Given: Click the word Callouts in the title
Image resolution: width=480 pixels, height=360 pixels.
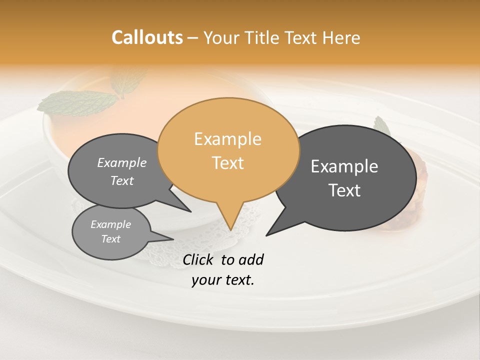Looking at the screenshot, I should pos(147,37).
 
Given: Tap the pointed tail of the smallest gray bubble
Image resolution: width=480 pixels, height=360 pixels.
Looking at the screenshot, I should pos(165,238).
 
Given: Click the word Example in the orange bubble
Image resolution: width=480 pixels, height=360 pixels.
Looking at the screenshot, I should pos(227,139).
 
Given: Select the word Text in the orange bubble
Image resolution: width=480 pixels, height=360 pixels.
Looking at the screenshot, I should pos(228,163).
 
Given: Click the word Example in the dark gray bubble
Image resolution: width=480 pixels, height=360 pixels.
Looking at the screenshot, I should pos(344,166).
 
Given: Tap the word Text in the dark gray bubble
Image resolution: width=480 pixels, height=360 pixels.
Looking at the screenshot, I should pos(344,190).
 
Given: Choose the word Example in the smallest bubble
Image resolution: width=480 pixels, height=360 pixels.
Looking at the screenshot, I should pos(110,224).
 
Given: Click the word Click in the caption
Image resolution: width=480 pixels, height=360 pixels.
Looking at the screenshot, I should pos(199,259).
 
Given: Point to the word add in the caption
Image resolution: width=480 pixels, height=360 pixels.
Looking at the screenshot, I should pos(251,259).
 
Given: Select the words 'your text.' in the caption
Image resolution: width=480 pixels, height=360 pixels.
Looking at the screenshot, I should pos(223,280).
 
